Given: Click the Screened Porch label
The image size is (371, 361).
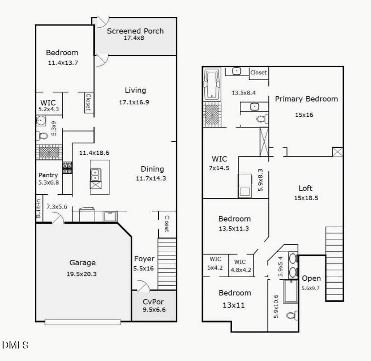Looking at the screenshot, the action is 135,31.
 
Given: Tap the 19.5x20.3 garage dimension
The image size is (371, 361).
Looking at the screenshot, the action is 82,274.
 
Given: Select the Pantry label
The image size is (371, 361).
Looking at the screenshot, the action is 48,175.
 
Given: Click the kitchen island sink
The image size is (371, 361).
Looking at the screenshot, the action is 96,175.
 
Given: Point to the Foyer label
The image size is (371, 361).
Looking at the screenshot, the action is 144,259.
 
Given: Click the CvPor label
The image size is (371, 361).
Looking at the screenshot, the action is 153,302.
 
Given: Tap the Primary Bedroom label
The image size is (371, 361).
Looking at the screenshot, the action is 306,99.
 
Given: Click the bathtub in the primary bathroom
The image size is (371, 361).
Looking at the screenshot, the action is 212,84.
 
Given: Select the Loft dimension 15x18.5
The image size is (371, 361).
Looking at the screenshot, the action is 306,198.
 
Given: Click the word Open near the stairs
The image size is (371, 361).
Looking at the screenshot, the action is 311,279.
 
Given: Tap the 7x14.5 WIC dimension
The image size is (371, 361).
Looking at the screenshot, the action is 219,168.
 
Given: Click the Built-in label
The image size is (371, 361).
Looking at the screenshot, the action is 39,209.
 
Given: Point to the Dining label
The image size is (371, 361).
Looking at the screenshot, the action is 152,169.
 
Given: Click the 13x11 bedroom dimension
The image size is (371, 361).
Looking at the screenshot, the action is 234,305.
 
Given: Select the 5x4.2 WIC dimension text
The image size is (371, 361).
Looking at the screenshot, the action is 215,267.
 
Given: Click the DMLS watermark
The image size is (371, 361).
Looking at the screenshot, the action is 16,345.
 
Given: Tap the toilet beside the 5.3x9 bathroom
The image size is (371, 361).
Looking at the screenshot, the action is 42,136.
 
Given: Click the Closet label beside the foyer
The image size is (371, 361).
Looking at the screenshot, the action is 167,224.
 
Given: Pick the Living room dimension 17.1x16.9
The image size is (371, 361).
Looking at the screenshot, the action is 134,103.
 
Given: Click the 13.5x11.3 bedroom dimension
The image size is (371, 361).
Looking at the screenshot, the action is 234,229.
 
